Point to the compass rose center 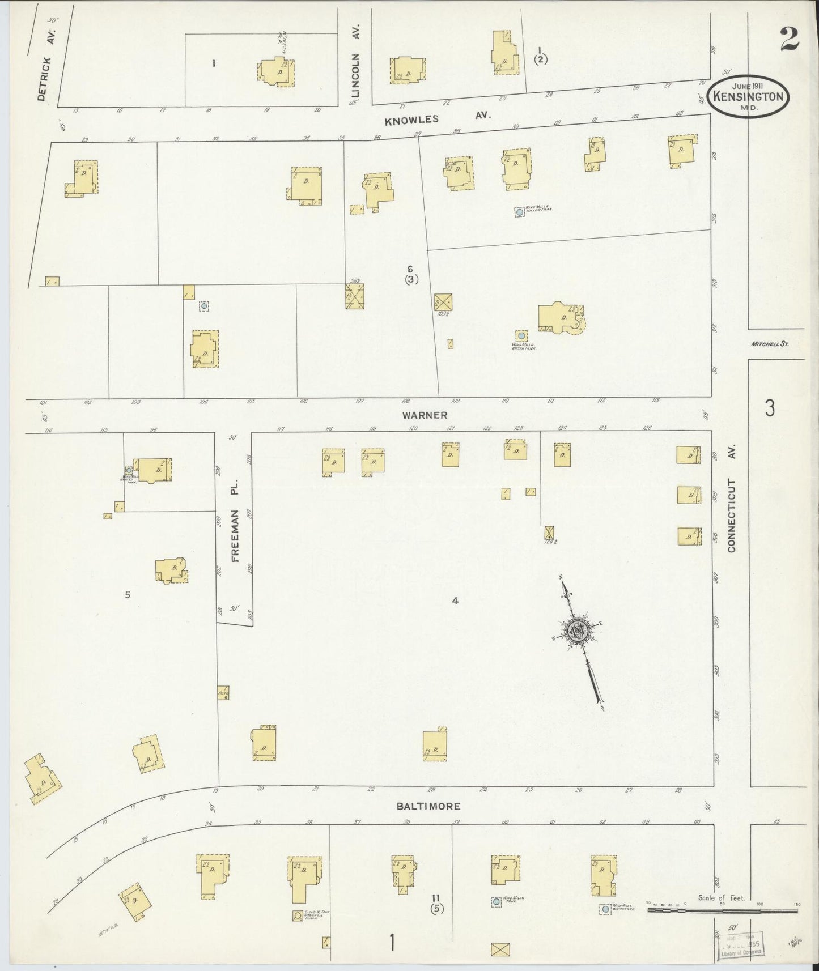pos(578,631)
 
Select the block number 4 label pos(455,601)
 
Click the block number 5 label pos(128,595)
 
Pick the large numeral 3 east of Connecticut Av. pos(769,408)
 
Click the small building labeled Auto pos(223,692)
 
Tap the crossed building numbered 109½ pos(443,301)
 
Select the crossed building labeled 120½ pos(549,533)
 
